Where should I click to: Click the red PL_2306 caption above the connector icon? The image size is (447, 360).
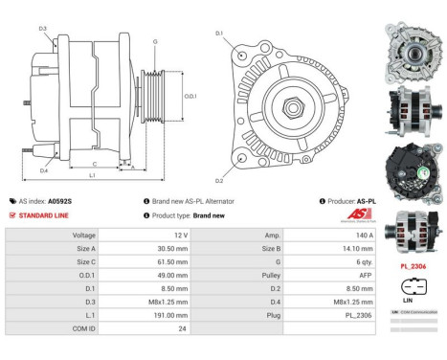413,266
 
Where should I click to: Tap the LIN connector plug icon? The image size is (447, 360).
412,285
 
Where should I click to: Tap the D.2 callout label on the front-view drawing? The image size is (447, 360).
219,181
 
